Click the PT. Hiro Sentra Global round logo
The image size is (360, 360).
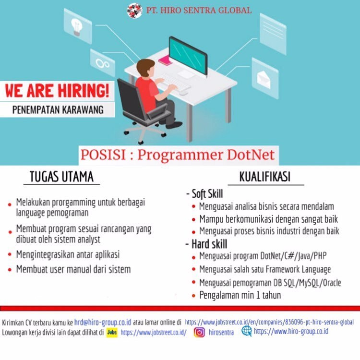[x=134, y=11]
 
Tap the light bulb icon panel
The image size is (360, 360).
[x=78, y=26]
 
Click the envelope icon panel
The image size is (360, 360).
[x=265, y=78]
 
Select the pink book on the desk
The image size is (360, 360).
[x=165, y=60]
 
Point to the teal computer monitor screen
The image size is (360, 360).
[x=188, y=56]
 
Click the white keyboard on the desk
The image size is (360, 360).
[x=175, y=82]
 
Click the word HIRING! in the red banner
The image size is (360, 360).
[x=83, y=90]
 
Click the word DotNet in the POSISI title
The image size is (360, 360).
[x=251, y=155]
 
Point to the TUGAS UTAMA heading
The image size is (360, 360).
[x=61, y=177]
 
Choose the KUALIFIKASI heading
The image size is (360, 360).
[x=264, y=177]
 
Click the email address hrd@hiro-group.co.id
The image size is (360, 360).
[x=103, y=323]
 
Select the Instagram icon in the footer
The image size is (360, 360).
[x=199, y=332]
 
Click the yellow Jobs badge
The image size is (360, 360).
[x=112, y=332]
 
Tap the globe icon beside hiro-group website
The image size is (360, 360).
[x=247, y=331]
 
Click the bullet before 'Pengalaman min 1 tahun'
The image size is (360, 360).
[x=193, y=296]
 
